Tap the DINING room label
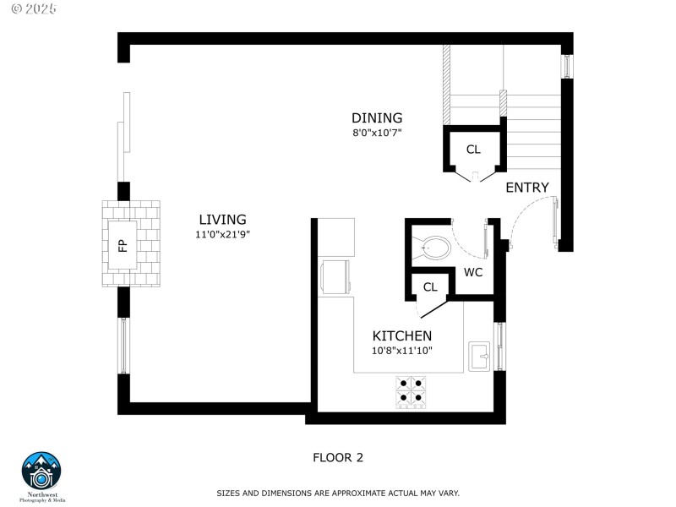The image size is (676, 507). click(377, 118)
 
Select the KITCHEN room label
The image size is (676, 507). click(402, 335)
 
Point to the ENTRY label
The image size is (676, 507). click(527, 188)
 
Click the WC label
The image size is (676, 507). click(473, 272)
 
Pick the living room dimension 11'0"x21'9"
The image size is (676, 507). click(223, 235)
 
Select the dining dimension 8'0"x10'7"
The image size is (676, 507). click(377, 133)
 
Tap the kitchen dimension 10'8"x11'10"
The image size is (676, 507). click(402, 351)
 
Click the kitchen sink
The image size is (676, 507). click(480, 356)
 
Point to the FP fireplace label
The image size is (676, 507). click(122, 246)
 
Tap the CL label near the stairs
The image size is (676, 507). click(473, 150)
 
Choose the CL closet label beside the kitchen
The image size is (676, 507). click(430, 287)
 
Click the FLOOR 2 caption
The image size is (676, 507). click(338, 458)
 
